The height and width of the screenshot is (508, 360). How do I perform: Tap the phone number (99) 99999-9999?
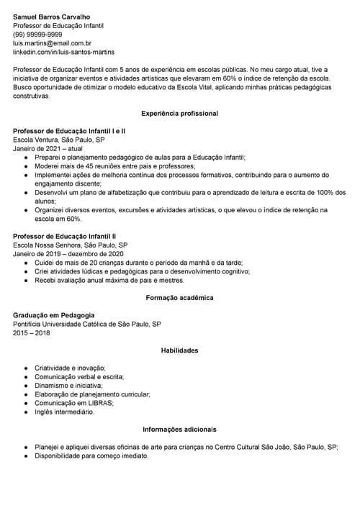pos(37,34)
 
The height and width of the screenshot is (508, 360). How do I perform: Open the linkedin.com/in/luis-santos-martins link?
pos(63,53)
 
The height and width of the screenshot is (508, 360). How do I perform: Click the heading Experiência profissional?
pos(179,114)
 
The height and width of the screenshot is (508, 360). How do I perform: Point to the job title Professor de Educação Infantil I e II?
pos(69,132)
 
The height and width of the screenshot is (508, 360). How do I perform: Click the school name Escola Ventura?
pos(36,140)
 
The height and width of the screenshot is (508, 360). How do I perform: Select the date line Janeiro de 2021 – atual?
pos(48,149)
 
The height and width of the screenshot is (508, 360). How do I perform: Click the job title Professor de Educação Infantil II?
pos(64,236)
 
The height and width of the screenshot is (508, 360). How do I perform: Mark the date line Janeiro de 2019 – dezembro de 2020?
pos(68,253)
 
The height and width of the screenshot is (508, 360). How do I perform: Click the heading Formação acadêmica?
pos(179,297)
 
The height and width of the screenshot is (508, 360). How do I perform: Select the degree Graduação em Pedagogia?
pos(53,315)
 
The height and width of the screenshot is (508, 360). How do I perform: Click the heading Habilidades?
pos(179,350)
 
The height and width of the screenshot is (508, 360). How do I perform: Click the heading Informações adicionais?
pos(179,430)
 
